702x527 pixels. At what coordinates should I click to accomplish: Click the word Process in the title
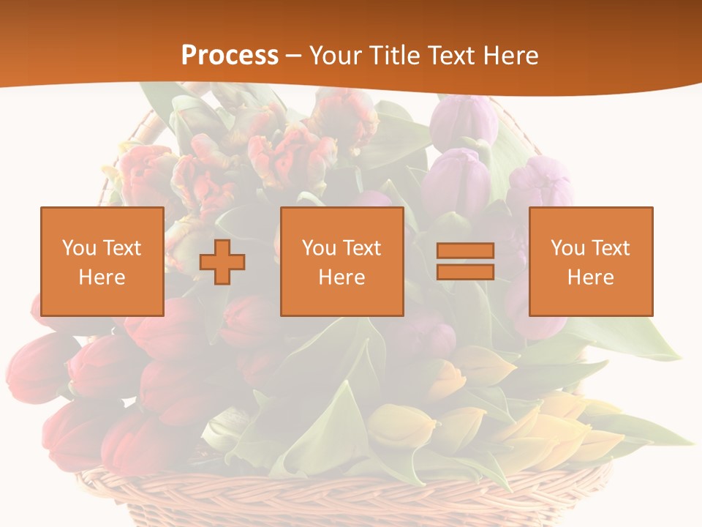230,55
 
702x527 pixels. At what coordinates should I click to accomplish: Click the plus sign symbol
222,261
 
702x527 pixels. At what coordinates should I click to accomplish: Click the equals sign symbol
465,261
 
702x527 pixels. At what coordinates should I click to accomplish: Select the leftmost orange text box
102,261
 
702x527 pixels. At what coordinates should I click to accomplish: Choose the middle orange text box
341,261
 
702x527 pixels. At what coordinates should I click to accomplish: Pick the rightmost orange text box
590,261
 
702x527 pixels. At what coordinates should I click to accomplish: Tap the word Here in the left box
102,277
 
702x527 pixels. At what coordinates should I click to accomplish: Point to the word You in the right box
567,248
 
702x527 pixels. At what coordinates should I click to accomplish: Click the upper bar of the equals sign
465,251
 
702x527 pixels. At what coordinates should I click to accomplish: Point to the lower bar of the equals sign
465,272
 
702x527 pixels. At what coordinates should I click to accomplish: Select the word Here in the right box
590,277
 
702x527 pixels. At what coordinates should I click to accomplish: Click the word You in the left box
79,248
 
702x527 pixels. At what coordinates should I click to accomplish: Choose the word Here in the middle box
341,277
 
